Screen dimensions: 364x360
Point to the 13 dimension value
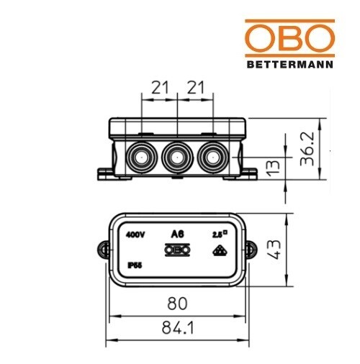[271, 168]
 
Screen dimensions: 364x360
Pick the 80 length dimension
[176, 302]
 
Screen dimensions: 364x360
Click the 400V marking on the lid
[136, 235]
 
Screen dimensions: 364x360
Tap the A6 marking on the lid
[177, 234]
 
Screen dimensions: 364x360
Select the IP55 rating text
[133, 265]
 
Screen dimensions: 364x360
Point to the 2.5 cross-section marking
[218, 234]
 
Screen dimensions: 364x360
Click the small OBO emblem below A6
[177, 250]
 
